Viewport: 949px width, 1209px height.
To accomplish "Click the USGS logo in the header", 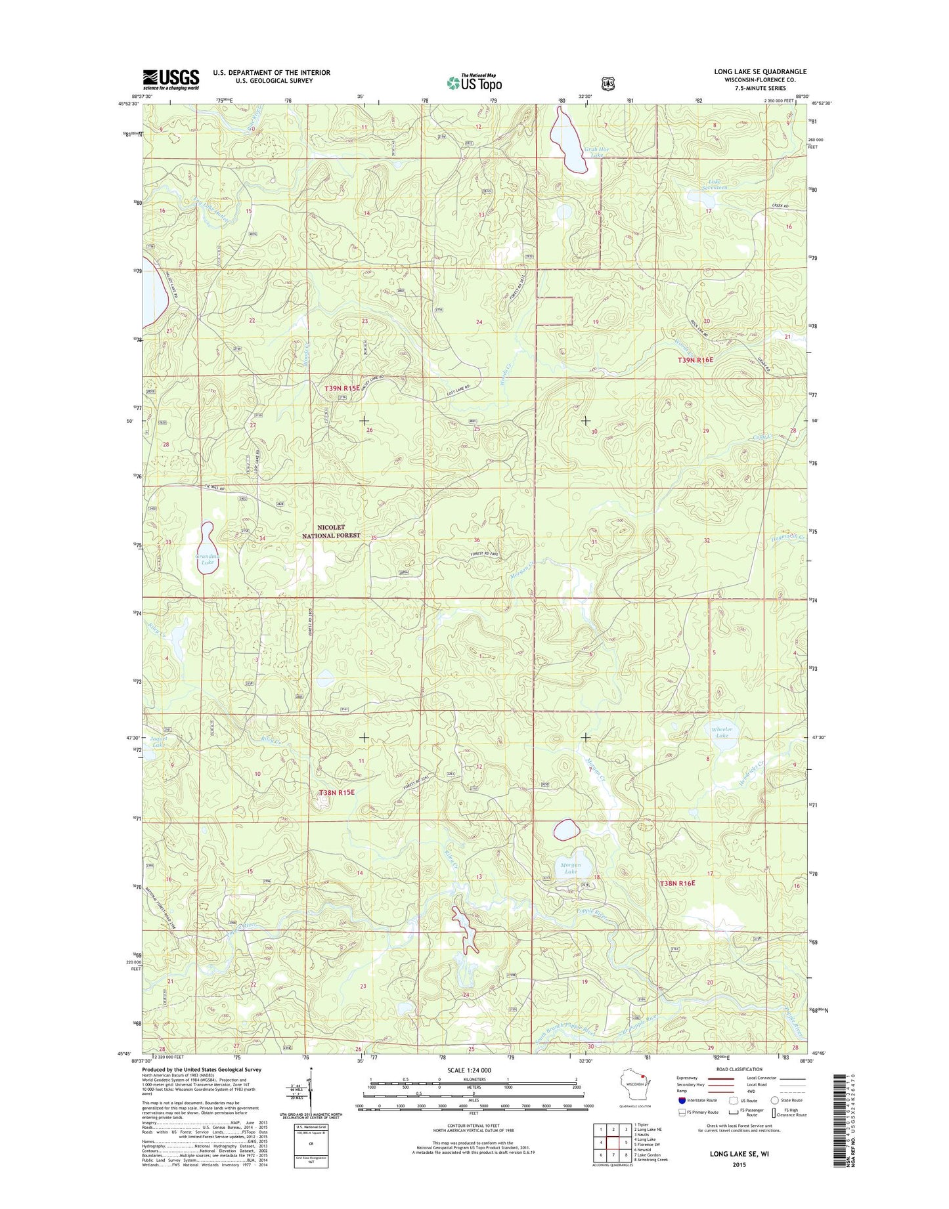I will point(171,79).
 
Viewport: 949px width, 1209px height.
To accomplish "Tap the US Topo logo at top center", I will point(475,82).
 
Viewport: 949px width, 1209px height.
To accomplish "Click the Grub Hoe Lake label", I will point(596,152).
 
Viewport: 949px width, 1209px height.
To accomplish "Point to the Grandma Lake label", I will point(207,559).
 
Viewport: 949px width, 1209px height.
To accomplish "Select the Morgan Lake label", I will point(570,868).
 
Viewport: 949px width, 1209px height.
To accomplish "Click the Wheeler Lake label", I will point(722,732).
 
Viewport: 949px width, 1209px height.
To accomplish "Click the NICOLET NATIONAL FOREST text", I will point(330,531).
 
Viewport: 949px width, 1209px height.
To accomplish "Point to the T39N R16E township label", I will point(695,360).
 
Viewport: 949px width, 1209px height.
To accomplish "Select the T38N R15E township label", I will point(337,792).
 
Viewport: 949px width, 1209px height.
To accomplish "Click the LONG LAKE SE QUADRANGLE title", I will point(760,72).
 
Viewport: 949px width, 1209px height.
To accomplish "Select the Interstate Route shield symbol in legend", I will point(682,1100).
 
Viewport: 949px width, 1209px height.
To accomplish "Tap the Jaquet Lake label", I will point(158,741).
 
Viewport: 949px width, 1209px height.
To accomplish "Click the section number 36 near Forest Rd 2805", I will point(477,540).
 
